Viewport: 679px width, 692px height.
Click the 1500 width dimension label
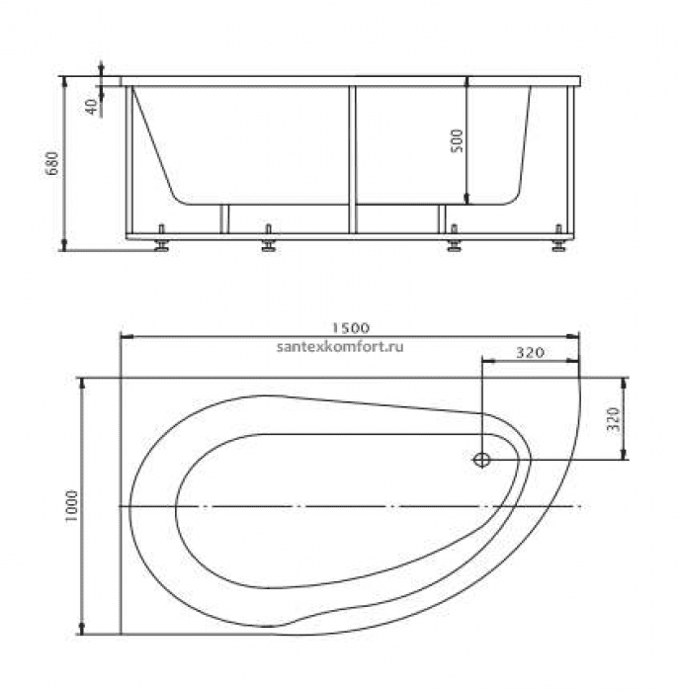[350, 328]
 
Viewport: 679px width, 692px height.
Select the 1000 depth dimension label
[71, 506]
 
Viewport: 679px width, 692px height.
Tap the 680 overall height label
[52, 163]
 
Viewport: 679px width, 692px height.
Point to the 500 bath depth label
[458, 140]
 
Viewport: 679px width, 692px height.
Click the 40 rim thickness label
[92, 107]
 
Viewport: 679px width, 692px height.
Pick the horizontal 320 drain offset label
[530, 353]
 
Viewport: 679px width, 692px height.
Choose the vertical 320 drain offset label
[614, 419]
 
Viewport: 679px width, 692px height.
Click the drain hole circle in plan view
[481, 460]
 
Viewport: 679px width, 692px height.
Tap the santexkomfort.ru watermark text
[340, 347]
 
